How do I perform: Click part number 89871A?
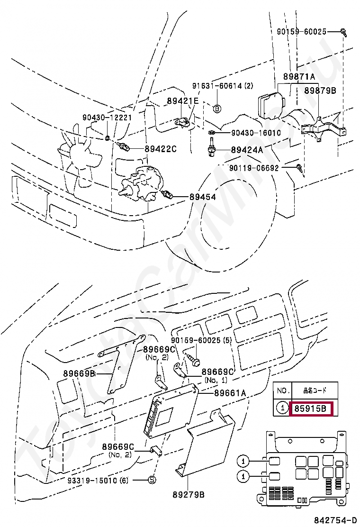pos(299,77)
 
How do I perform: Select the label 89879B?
pos(320,91)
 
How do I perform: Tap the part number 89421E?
pos(182,101)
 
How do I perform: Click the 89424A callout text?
pos(247,150)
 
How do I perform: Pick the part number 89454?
pos(203,196)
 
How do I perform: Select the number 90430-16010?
pos(256,133)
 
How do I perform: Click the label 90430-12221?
pos(107,117)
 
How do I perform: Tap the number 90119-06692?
pos(261,168)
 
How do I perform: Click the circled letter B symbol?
pos(217,109)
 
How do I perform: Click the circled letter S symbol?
pos(152,480)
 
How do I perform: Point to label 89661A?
pos(230,392)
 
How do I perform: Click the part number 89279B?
pos(189,495)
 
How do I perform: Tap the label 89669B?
pos(79,373)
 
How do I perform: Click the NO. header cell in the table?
pos(283,391)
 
